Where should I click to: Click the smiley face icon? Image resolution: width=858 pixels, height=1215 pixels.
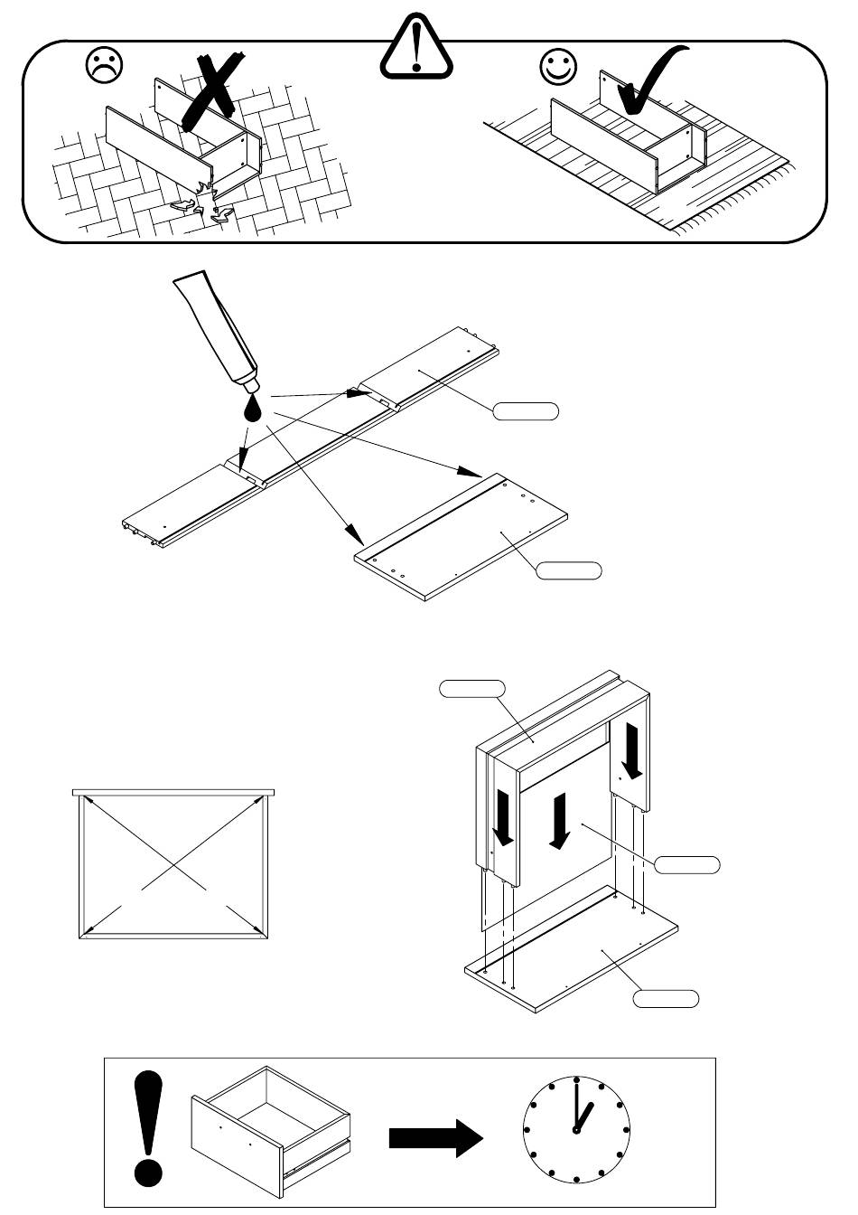point(558,65)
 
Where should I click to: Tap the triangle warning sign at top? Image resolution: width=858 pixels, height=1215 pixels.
point(415,48)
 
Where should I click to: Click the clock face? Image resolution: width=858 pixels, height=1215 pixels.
point(576,1130)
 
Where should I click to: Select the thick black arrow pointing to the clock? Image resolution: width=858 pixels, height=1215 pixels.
point(436,1137)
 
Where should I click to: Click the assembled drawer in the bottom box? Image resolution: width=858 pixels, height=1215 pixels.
point(271,1130)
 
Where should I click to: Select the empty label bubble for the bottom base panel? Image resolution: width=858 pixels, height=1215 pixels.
point(665,999)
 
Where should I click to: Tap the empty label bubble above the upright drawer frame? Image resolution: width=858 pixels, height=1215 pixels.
point(471,689)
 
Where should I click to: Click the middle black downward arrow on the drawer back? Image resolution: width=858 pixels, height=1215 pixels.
point(560,821)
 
